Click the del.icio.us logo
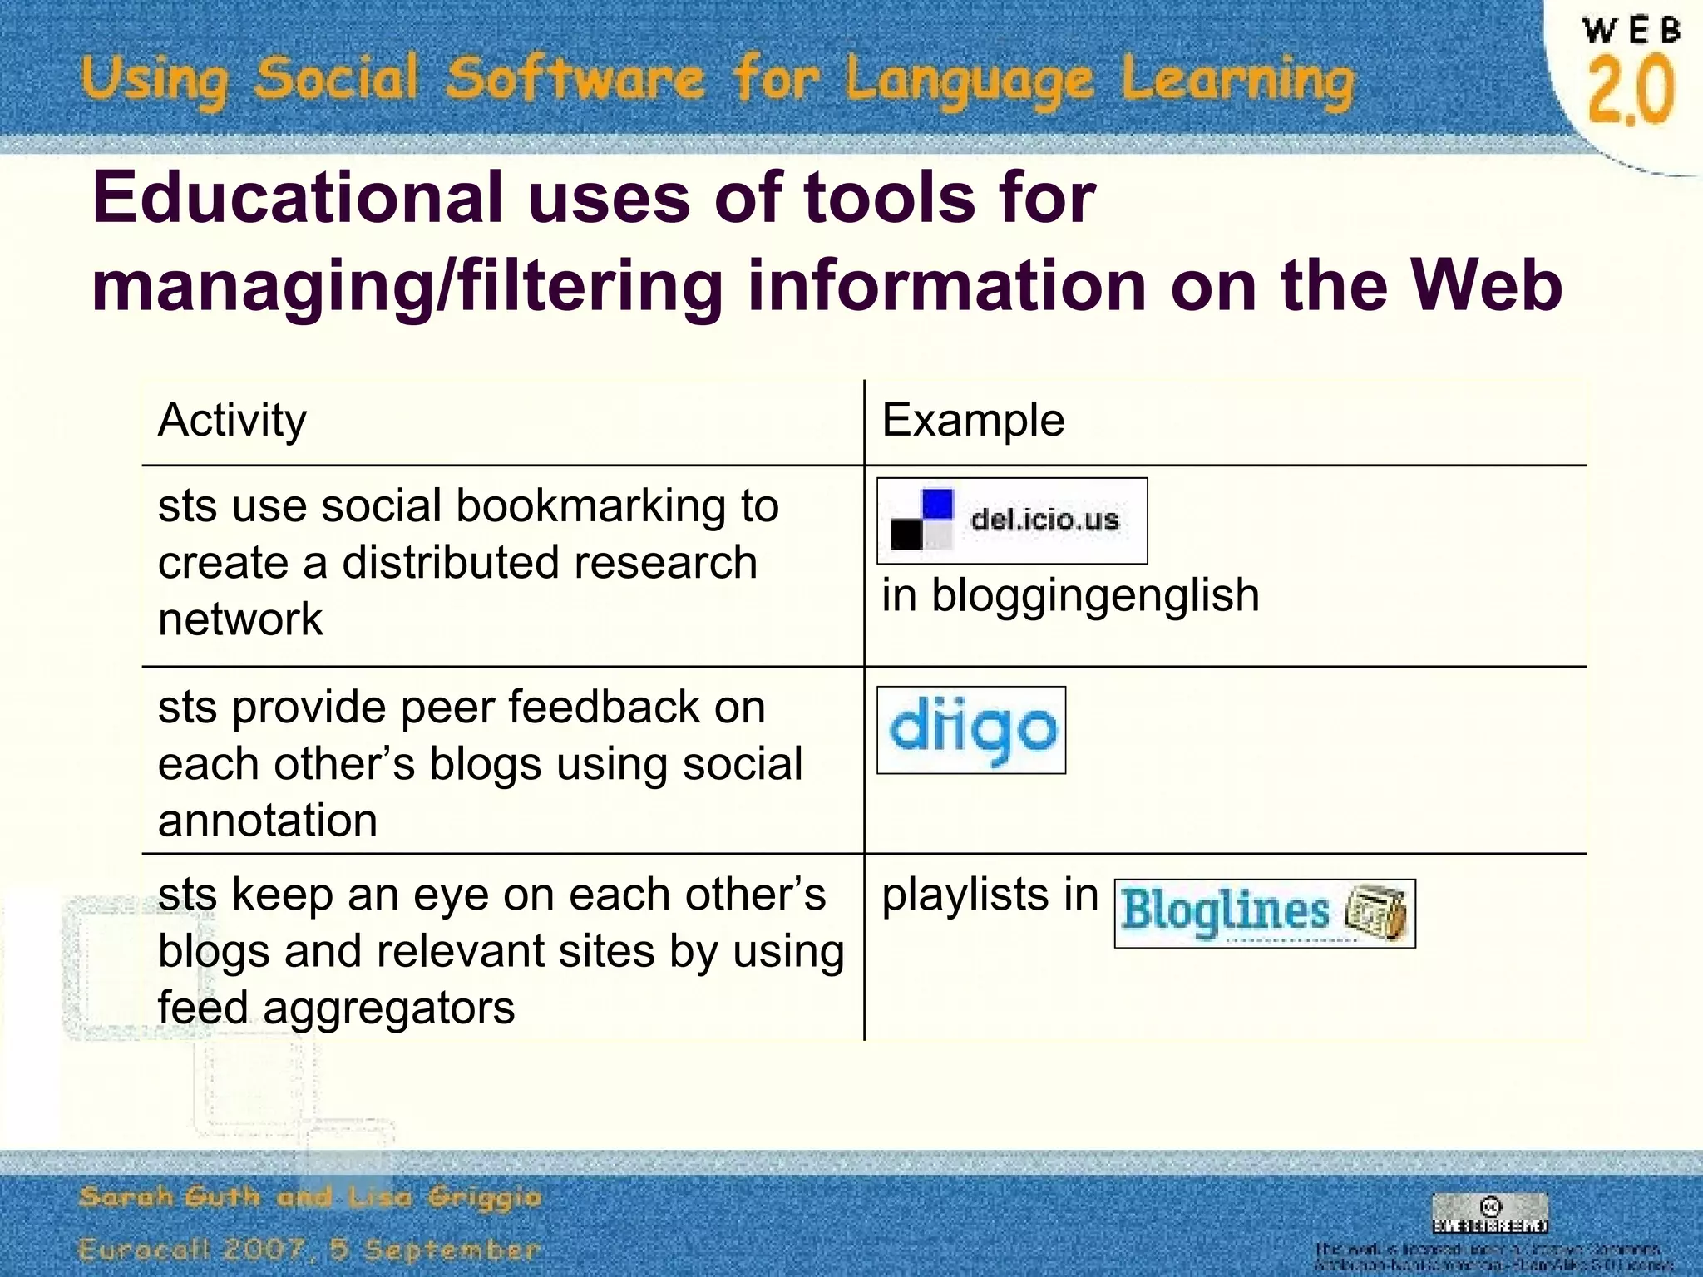[x=1012, y=520]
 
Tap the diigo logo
[x=971, y=730]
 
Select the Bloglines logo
[x=1264, y=913]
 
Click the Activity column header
[x=232, y=420]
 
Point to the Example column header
[x=973, y=420]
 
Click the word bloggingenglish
[x=1095, y=595]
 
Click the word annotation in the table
[x=268, y=821]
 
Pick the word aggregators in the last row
[x=388, y=1008]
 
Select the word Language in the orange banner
[x=970, y=81]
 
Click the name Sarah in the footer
[x=126, y=1197]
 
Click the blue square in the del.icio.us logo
[x=937, y=504]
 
